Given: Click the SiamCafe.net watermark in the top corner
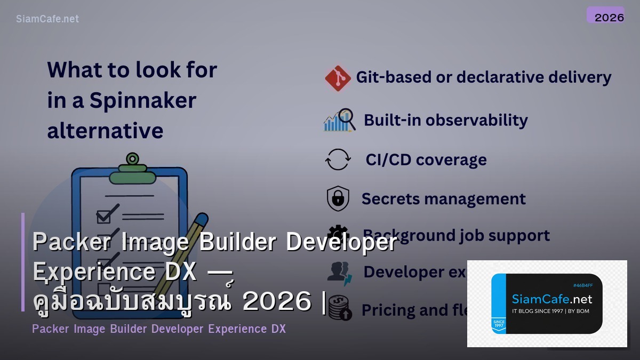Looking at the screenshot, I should pos(47,19).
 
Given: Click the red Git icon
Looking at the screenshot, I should pos(338,78).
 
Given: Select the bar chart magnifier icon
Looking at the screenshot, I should pos(339,121).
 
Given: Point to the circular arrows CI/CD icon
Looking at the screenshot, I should pos(338,159).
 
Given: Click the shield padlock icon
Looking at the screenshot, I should pos(338,198).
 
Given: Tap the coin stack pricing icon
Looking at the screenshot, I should pos(339,309).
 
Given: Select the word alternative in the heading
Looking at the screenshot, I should pos(105,131).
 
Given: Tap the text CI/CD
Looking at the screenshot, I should pos(388,159).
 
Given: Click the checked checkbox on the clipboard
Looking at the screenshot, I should pos(104,215).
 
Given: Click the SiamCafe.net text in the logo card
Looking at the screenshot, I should pos(551,299).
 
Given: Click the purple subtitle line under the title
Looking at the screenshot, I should pos(159,329).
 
